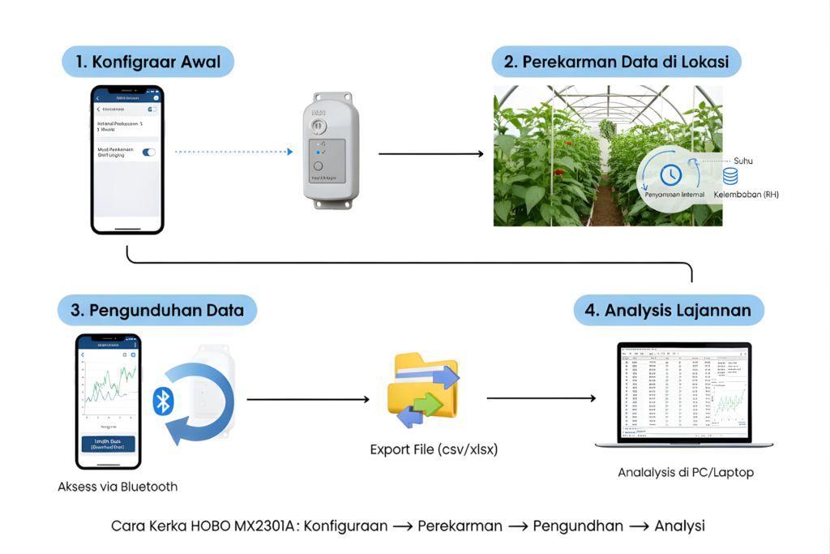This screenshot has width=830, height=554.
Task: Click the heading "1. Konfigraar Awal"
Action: tap(148, 61)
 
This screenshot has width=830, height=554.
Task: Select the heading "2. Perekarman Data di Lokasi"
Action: tap(617, 61)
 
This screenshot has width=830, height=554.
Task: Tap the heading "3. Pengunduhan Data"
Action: tap(156, 310)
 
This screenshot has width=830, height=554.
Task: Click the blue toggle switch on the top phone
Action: tap(148, 152)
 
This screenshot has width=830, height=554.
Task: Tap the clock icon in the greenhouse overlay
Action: tap(670, 174)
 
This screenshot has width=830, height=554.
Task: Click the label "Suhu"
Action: tap(742, 161)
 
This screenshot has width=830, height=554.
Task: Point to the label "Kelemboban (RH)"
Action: tap(746, 195)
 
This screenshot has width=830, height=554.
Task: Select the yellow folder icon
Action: tap(422, 389)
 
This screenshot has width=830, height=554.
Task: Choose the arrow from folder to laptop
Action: tap(541, 398)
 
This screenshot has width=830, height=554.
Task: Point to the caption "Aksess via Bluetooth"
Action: tap(118, 487)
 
